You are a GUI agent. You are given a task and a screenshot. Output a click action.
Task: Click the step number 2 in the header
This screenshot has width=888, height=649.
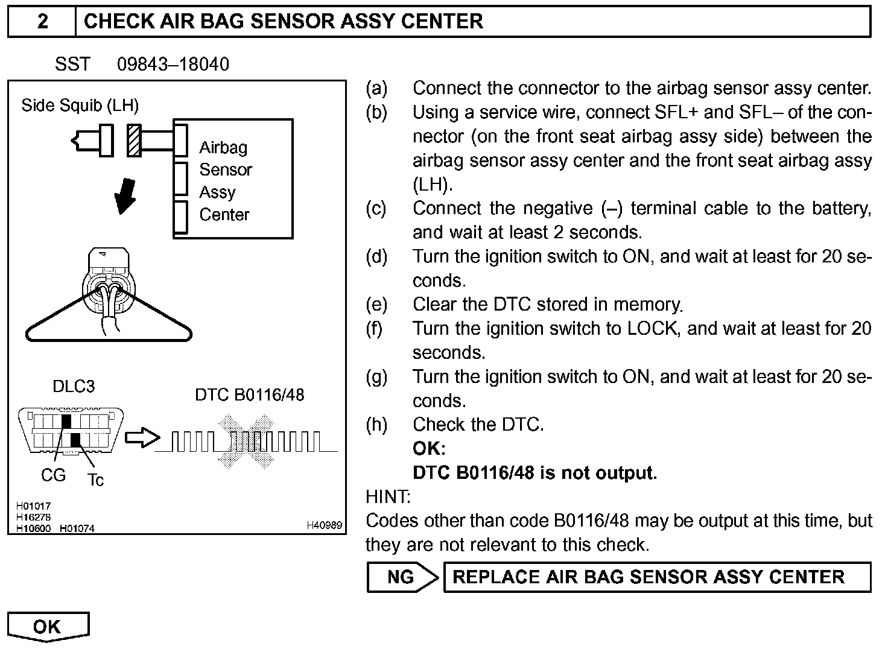[x=42, y=22]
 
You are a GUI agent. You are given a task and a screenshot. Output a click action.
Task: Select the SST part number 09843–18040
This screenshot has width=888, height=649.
[x=173, y=65]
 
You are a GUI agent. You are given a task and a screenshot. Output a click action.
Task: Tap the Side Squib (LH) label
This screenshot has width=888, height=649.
[x=80, y=106]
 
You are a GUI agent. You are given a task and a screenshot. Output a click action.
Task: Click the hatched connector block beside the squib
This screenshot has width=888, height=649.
[x=134, y=141]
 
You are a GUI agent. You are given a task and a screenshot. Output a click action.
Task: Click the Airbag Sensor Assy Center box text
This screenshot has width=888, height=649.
[x=224, y=180]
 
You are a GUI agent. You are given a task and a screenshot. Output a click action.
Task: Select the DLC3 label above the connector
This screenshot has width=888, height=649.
[x=74, y=387]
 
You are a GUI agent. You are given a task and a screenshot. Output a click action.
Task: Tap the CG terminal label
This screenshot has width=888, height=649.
[x=53, y=475]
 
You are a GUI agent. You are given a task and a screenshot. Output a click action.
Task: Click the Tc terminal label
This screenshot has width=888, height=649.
[x=95, y=480]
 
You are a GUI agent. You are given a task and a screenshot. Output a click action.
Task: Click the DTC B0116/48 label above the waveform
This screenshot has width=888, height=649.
[x=249, y=395]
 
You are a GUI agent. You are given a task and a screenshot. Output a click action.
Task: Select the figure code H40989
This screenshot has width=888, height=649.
[x=324, y=526]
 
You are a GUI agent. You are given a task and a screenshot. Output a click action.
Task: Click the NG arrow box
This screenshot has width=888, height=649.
[x=402, y=577]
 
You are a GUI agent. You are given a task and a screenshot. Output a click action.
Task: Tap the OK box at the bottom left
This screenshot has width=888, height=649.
[x=48, y=626]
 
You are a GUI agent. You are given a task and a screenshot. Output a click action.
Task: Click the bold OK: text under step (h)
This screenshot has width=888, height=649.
[x=429, y=449]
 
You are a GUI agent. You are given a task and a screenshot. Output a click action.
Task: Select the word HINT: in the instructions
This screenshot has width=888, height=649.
[x=388, y=497]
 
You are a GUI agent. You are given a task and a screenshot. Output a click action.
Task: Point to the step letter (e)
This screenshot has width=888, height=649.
[x=376, y=305]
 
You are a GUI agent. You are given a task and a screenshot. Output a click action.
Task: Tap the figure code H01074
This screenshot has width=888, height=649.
[x=77, y=529]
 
